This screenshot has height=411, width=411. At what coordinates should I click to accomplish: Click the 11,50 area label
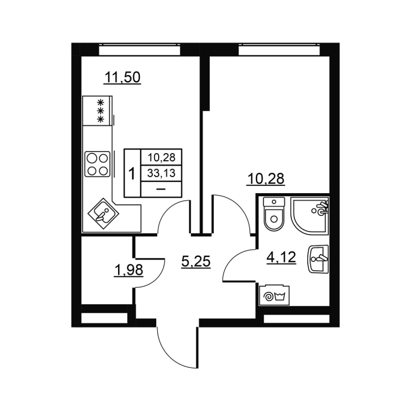(x=122, y=78)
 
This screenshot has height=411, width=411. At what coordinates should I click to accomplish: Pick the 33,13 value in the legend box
(x=161, y=173)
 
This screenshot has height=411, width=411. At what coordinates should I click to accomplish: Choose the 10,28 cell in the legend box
(x=161, y=158)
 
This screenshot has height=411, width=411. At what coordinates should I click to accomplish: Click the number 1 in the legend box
(x=132, y=174)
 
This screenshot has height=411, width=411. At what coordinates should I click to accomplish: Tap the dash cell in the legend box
(x=161, y=189)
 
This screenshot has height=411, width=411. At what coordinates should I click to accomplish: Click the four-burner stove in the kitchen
(x=97, y=164)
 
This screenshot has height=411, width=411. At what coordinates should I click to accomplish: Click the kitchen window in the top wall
(x=139, y=51)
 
